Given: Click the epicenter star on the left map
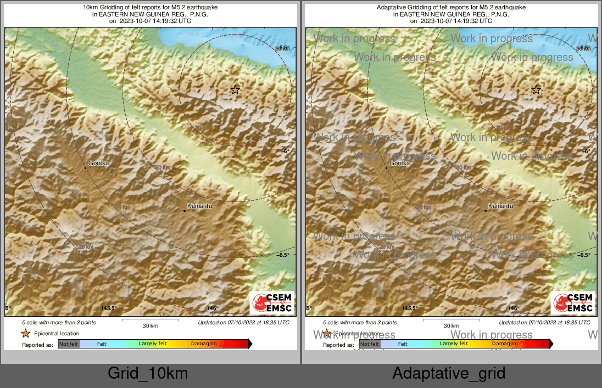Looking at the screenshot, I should point(235,90).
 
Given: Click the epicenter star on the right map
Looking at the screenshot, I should point(536,90).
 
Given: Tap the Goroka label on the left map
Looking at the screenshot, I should point(99,163).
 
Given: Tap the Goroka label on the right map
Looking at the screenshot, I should point(399,163).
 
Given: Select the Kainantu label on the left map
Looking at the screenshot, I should point(199,206).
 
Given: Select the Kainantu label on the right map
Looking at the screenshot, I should point(500,206).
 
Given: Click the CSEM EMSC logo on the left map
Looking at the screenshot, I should point(272,303).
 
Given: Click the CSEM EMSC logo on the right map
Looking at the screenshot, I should point(573,303).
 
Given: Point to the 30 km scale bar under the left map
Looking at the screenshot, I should point(150,319).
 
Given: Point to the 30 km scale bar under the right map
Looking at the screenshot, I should point(451,319).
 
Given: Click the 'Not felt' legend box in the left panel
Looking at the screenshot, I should point(69,344).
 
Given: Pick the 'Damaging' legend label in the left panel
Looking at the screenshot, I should point(204,344).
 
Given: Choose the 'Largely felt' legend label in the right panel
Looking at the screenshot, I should point(454,344).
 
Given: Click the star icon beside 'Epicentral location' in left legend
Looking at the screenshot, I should point(25,333).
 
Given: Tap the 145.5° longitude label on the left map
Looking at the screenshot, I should point(110,308).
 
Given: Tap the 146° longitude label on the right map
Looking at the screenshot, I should point(513,308).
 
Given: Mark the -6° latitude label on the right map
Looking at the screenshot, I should point(586,151).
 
